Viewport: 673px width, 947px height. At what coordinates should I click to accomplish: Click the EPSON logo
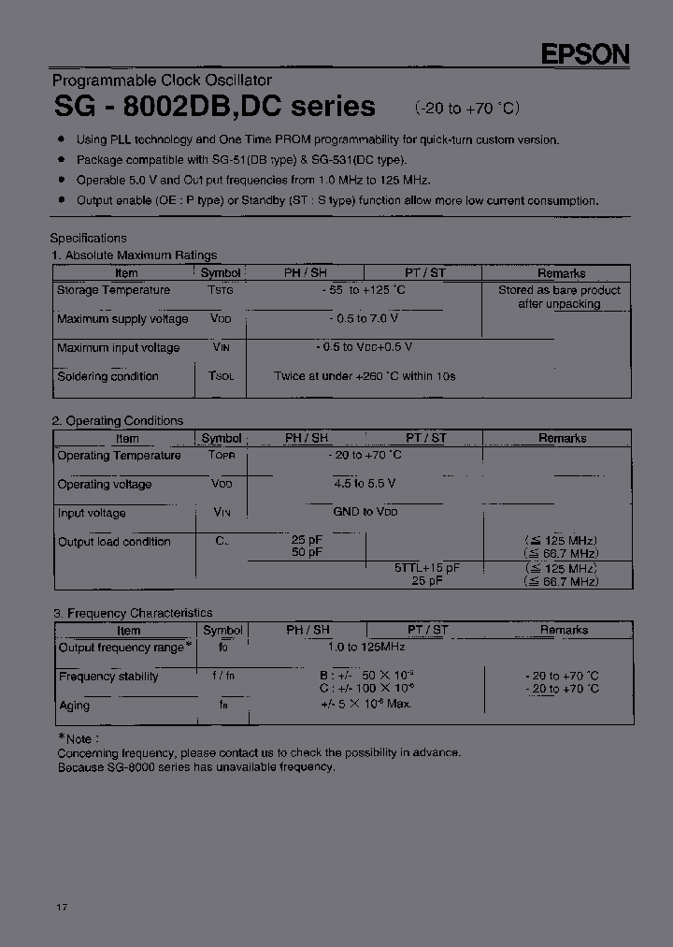coord(586,54)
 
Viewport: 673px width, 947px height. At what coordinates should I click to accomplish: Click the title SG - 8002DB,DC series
coord(214,107)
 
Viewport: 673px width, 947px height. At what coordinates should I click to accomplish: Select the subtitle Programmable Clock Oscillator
coord(162,80)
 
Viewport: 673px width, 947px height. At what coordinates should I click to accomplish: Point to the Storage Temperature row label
coord(113,290)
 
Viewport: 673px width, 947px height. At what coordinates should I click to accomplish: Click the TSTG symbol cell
coord(221,291)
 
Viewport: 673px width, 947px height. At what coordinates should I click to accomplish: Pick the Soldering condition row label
coord(107,376)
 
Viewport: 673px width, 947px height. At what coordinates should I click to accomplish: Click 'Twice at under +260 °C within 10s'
coord(365,376)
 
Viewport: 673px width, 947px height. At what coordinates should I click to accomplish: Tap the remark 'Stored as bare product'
coord(559,290)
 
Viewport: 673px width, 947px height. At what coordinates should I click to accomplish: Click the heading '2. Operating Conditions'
coord(117,421)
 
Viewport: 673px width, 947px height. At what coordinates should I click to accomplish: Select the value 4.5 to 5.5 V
coord(365,484)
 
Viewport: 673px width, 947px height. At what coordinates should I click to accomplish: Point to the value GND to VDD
coord(365,513)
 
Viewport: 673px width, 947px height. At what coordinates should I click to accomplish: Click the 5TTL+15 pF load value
coord(426,568)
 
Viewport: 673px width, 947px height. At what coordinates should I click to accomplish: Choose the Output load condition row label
coord(114,542)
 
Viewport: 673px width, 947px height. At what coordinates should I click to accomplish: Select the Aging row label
coord(74,706)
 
